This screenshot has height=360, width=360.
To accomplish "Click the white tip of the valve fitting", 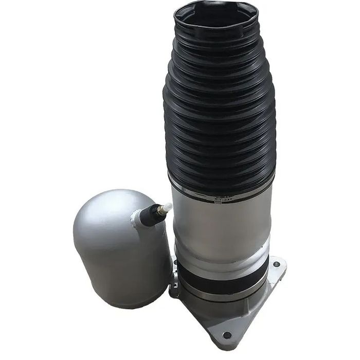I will [x=166, y=208].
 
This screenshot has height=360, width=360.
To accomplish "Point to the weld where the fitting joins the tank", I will [x=137, y=220].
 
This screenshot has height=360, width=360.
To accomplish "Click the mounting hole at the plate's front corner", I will [x=227, y=335].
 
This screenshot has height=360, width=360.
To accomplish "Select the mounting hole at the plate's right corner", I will [x=277, y=264].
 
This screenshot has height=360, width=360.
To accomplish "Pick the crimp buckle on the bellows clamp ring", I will [x=218, y=200].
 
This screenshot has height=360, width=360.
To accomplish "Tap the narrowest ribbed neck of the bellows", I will [x=216, y=46].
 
